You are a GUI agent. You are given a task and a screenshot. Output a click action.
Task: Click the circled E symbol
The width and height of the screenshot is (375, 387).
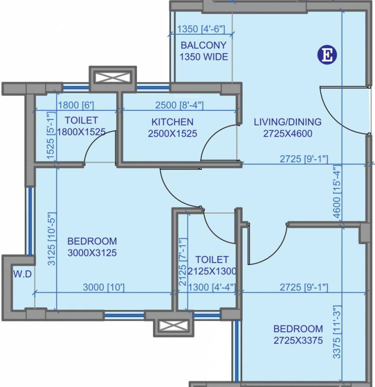tap(327, 55)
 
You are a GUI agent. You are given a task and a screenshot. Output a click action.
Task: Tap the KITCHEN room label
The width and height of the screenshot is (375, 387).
tap(172, 122)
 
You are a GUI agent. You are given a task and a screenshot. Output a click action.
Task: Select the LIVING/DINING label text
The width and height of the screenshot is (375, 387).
tap(288, 122)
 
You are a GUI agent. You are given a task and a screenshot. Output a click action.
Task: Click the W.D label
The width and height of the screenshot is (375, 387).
tap(23, 274)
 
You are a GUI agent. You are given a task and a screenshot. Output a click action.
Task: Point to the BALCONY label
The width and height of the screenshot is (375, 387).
tap(204, 45)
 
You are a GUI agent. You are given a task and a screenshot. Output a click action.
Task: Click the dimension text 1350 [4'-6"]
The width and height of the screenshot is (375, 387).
tap(201, 29)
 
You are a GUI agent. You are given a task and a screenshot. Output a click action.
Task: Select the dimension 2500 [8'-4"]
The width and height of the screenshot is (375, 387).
tap(180, 105)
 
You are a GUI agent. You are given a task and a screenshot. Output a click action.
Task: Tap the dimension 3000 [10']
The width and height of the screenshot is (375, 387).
tap(104, 287)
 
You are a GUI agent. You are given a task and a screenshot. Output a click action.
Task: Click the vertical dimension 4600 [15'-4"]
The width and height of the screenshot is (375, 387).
tap(337, 191)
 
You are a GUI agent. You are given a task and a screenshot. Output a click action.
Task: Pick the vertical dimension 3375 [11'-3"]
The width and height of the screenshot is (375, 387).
tap(337, 332)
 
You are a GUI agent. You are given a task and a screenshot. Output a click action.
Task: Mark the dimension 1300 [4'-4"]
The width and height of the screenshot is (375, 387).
tap(212, 287)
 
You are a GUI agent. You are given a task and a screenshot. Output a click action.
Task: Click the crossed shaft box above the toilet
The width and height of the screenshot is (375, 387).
tap(113, 78)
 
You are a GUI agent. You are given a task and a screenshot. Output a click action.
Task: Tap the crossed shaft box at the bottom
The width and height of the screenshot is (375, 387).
tap(174, 326)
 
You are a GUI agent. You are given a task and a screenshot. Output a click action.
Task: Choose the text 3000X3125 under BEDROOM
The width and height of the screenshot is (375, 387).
tap(92, 253)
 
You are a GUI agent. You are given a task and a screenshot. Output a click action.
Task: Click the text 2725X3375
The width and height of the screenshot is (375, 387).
tap(298, 340)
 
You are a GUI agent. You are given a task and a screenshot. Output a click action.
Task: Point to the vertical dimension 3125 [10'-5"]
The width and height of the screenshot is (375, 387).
tap(52, 239)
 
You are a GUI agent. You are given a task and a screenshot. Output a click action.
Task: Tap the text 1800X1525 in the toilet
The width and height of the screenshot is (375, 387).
tap(82, 132)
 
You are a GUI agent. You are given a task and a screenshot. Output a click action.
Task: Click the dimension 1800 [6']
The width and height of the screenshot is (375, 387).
tap(76, 105)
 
